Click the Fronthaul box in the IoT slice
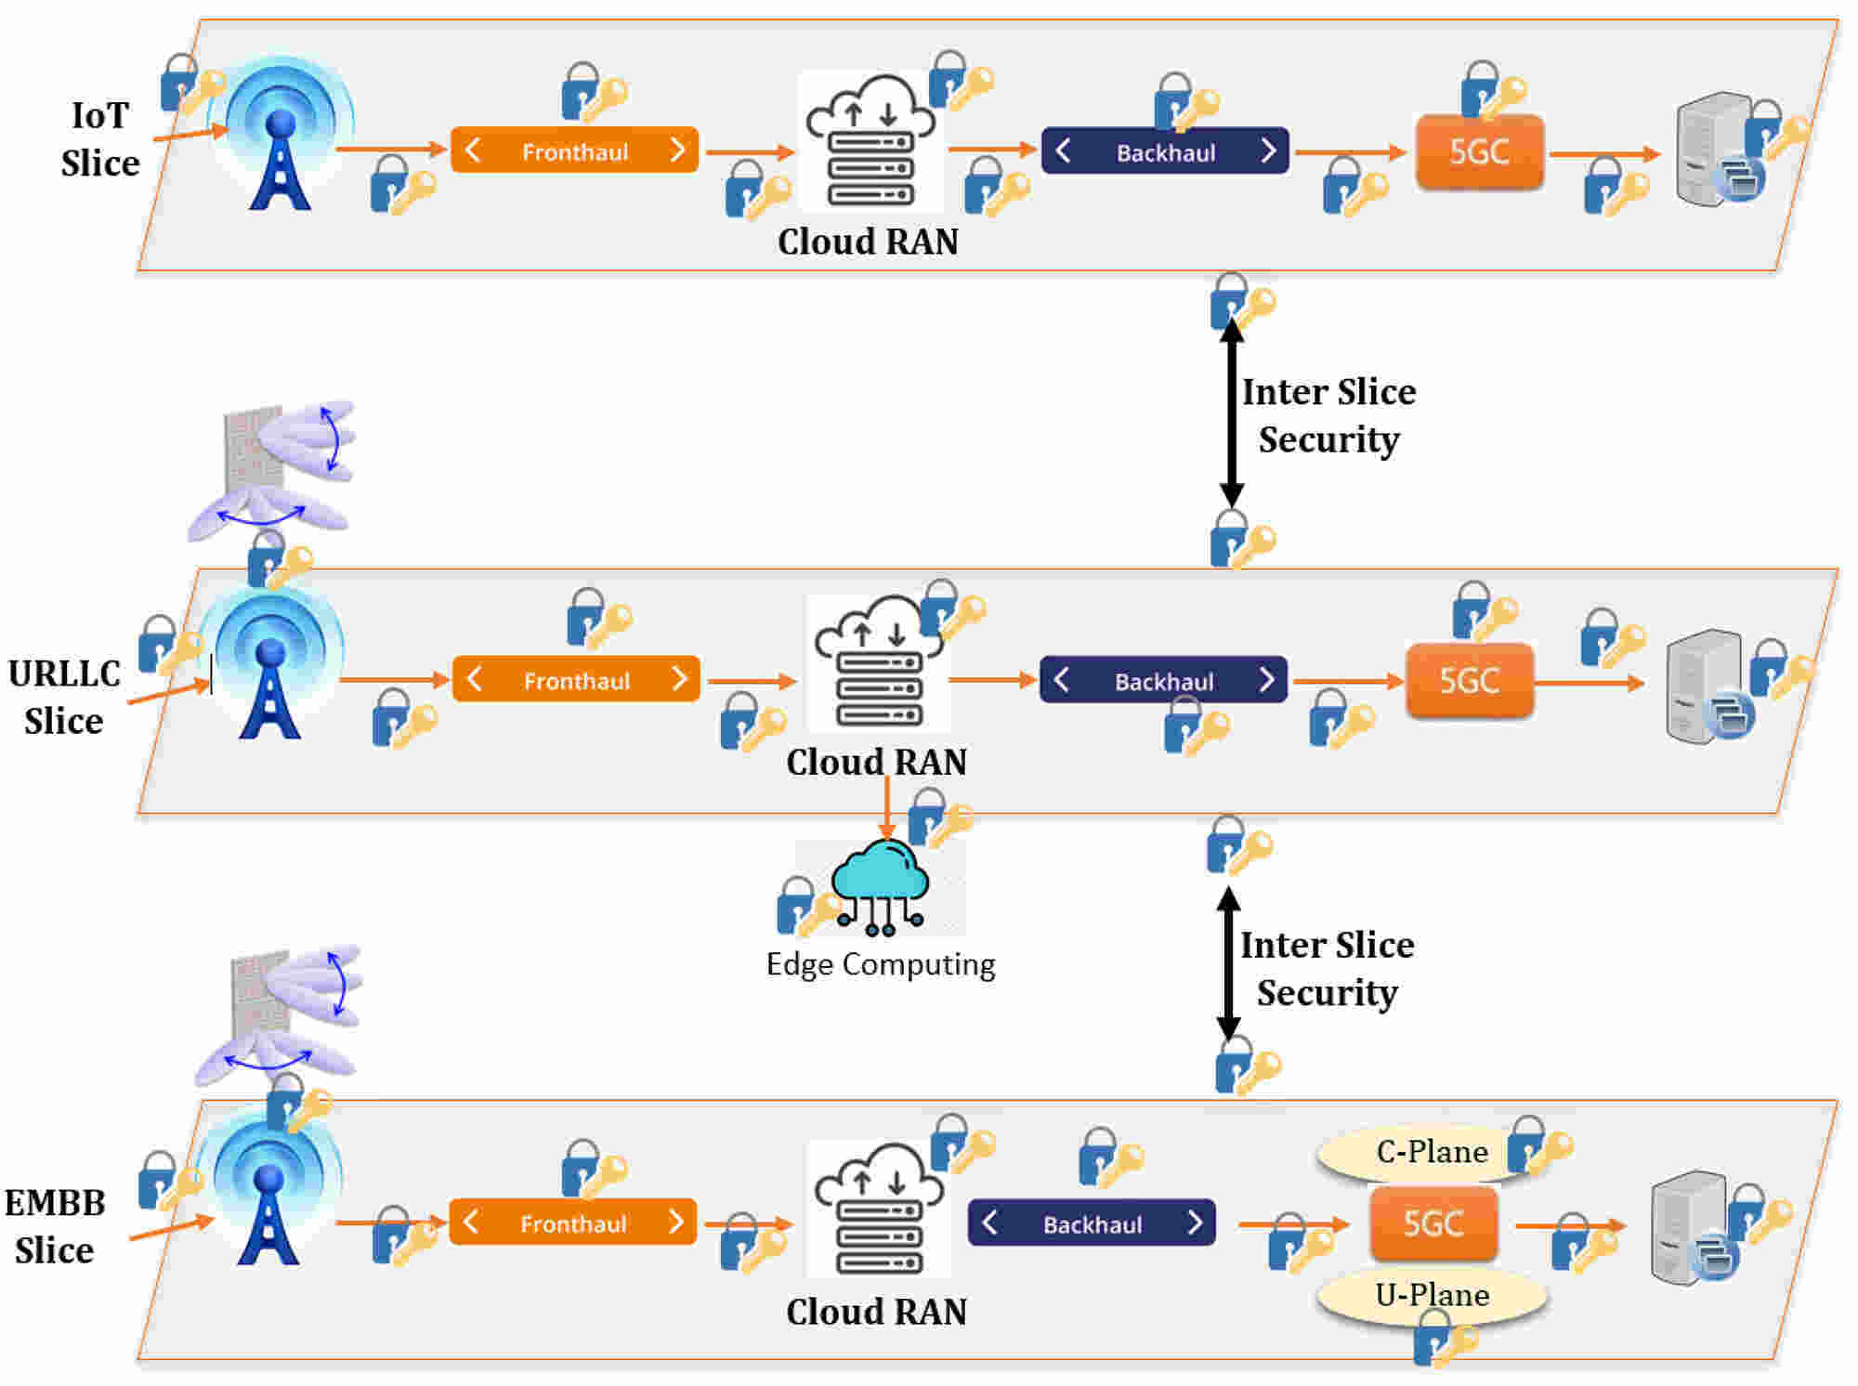[574, 150]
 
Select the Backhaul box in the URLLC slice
[1163, 680]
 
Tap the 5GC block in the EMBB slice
[1433, 1223]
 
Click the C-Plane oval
[1432, 1152]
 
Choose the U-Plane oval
[1432, 1295]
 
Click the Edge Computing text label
[881, 964]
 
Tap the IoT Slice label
[100, 139]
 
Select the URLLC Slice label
[64, 697]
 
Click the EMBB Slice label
[55, 1226]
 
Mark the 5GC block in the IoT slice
[1479, 151]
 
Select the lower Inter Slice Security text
[1328, 968]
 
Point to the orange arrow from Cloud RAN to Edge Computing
[887, 808]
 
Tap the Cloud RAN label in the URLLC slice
[876, 762]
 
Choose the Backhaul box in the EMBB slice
[1092, 1223]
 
